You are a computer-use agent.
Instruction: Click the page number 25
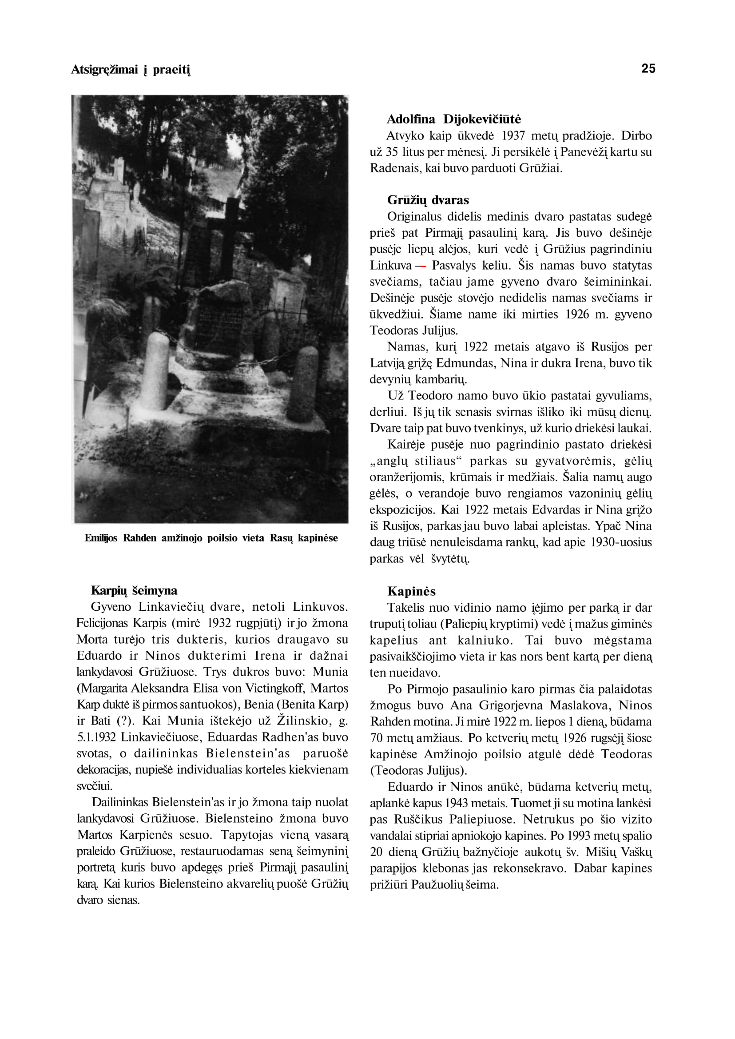(x=648, y=68)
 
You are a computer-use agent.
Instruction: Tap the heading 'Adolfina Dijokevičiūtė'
(x=453, y=119)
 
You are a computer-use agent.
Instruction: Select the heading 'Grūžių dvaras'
(x=428, y=199)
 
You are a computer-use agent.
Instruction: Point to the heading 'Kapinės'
(x=411, y=591)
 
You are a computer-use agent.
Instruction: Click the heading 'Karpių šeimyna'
(x=134, y=590)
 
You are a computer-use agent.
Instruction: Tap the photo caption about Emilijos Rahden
(x=211, y=538)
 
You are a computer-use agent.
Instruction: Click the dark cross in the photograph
(x=230, y=235)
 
